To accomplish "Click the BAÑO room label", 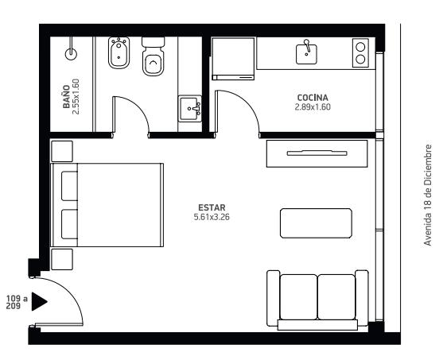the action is (66, 96).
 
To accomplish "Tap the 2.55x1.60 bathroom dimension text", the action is (76, 96).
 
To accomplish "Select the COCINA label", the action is (313, 98).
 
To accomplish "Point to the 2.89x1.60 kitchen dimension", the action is (313, 107).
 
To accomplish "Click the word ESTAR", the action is (212, 207).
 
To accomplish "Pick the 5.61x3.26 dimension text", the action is (212, 217).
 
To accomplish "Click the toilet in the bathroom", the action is (153, 56).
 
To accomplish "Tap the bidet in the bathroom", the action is (119, 53).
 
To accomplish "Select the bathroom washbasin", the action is (190, 109).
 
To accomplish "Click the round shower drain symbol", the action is (71, 54).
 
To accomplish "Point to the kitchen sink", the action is (306, 54).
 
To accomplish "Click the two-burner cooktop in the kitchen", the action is (360, 53).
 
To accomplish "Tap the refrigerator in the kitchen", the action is (233, 59).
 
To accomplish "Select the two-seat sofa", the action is (317, 300).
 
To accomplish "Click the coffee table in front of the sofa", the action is (316, 223).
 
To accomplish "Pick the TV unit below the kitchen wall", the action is (317, 153).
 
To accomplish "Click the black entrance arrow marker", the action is (39, 301).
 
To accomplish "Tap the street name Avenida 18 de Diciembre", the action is (428, 195).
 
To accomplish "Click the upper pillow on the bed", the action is (69, 186).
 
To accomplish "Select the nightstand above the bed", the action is (61, 151).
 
